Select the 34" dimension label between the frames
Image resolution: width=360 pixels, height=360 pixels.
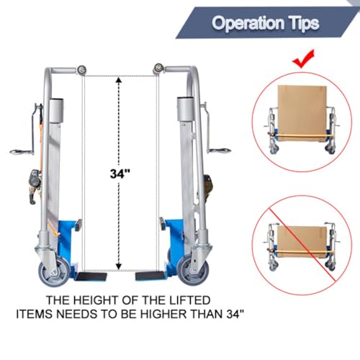tap(120, 174)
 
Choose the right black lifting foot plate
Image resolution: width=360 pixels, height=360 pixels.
tap(149, 276)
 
